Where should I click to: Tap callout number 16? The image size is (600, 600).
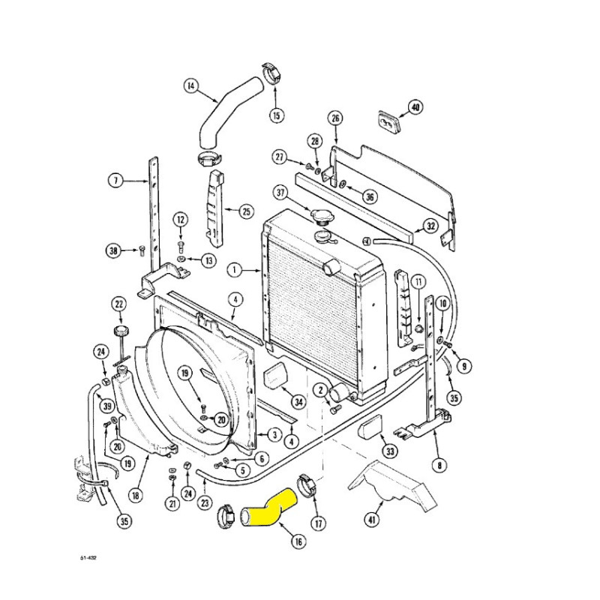pos(298,541)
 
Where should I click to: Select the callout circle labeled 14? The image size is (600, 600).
pos(190,86)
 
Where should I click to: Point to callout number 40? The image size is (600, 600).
pos(415,107)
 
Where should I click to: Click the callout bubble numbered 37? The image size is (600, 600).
pos(280,193)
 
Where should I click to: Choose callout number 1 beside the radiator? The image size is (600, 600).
pos(234,270)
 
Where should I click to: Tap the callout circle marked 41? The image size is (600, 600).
pos(372,519)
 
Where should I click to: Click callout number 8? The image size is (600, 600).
pos(439,465)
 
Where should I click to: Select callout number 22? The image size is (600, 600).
pos(119,304)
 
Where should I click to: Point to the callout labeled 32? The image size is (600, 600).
pos(431,226)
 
